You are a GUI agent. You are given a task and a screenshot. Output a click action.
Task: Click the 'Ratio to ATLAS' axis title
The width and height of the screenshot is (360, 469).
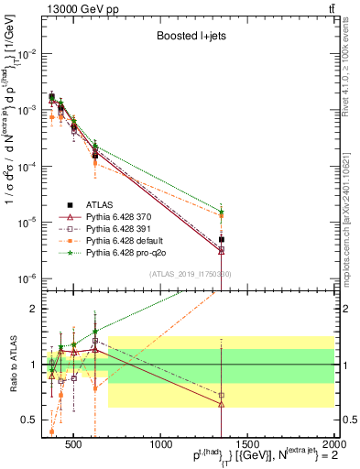tap(13, 365)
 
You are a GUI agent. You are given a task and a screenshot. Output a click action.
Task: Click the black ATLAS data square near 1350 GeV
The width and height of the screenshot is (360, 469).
tap(221, 240)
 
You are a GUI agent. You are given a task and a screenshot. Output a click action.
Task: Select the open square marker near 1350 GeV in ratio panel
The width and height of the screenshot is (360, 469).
tap(221, 396)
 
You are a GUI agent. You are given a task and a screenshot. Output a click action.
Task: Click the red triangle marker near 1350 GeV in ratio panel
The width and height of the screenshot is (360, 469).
tap(221, 404)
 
